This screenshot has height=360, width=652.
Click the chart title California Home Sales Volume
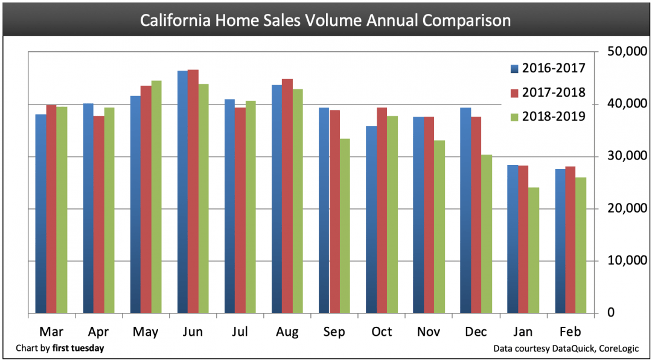tap(325, 21)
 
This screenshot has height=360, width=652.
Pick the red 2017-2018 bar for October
tap(382, 211)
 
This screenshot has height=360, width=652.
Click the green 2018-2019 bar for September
tap(345, 226)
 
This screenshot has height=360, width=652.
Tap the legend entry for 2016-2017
tap(547, 68)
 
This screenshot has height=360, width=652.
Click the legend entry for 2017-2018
tap(547, 92)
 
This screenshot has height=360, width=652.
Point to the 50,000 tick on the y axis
tap(622, 52)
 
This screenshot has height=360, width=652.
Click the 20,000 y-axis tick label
tap(622, 208)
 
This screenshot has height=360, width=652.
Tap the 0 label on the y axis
tap(611, 313)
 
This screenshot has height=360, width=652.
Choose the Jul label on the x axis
tap(240, 332)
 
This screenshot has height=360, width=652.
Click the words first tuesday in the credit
tap(78, 349)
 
